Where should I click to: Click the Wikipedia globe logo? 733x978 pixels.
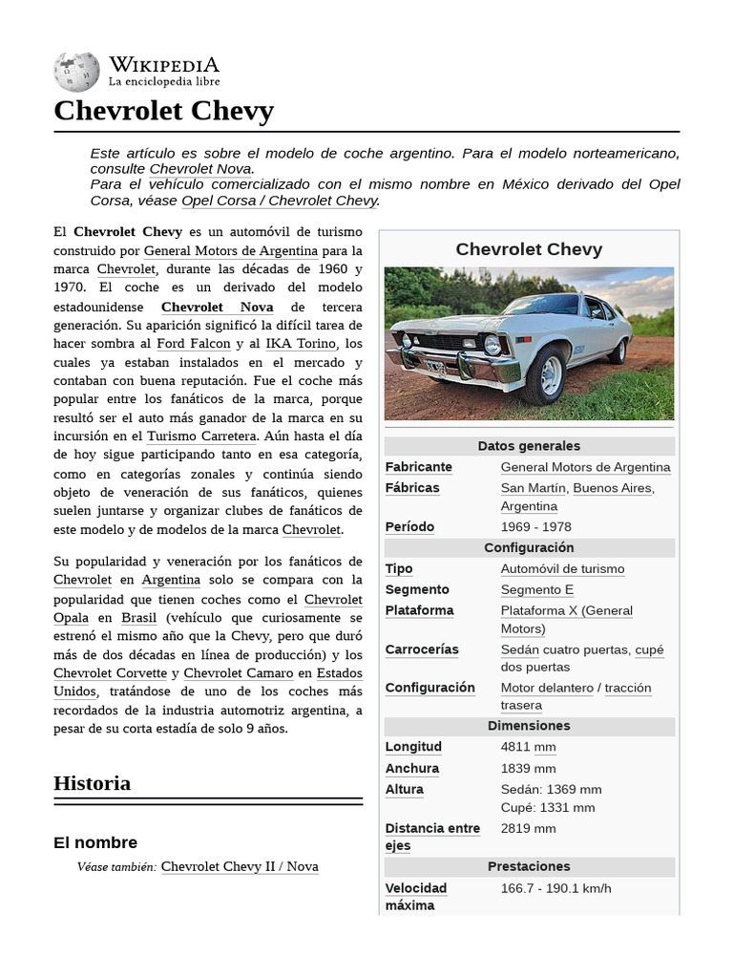[76, 72]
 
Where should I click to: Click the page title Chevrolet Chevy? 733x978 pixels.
[163, 111]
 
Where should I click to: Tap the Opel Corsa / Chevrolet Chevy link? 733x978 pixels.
[280, 201]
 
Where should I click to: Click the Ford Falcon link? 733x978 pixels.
[194, 343]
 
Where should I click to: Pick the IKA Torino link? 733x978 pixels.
[301, 343]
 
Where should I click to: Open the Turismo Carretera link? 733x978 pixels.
[201, 436]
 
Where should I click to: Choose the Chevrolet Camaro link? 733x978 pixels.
[239, 673]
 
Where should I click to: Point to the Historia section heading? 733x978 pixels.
[93, 783]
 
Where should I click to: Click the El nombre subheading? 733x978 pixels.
[95, 842]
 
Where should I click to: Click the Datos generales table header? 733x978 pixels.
[529, 446]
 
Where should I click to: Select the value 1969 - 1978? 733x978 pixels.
[535, 527]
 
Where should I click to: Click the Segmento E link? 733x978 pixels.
[537, 590]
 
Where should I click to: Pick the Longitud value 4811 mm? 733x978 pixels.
[528, 747]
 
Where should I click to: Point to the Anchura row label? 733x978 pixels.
[412, 768]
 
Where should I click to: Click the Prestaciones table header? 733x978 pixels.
[529, 866]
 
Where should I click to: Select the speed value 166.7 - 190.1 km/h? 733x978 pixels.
[555, 888]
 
